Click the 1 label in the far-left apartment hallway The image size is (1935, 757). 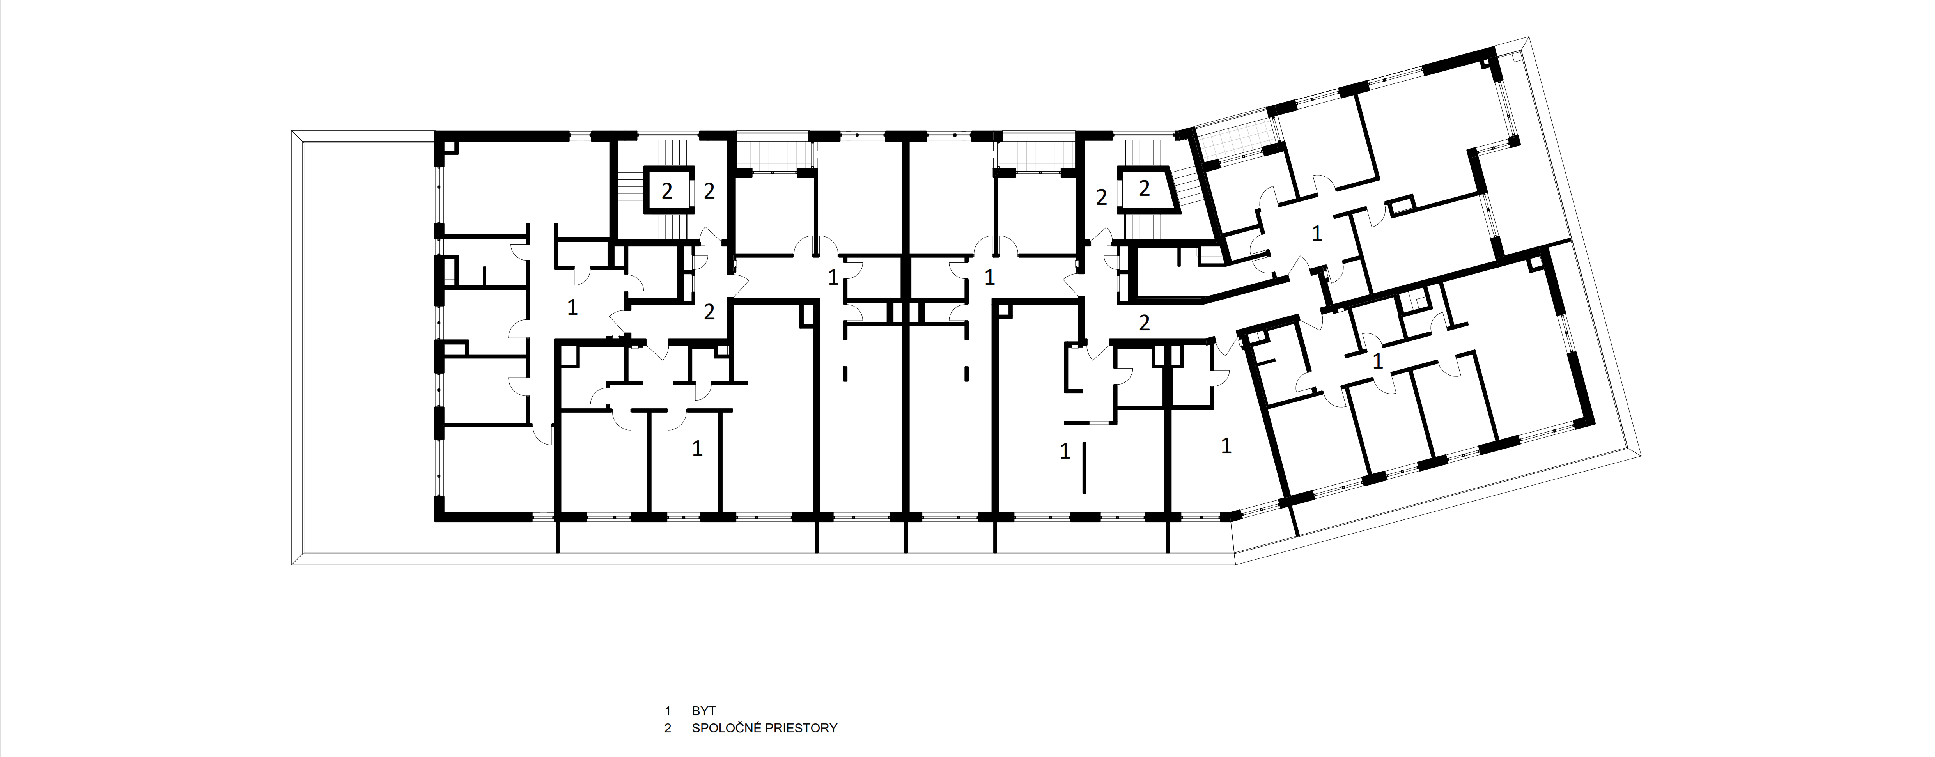coord(572,307)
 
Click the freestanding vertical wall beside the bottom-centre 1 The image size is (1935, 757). coord(1084,467)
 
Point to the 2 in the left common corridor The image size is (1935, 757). coord(709,311)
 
